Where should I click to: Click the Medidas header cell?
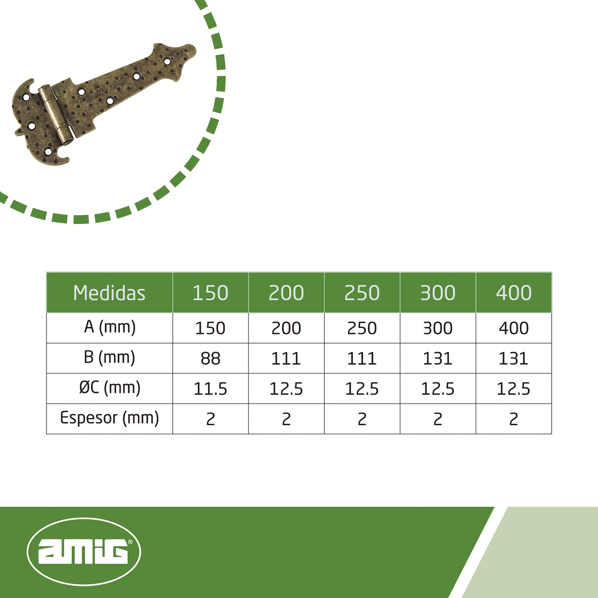[x=109, y=293]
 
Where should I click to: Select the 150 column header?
[x=210, y=293]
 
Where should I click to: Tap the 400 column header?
[x=514, y=293]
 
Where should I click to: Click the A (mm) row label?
[x=109, y=327]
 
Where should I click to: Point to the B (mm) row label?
[x=109, y=358]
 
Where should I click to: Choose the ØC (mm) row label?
[x=109, y=388]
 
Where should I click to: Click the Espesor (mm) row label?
[x=109, y=418]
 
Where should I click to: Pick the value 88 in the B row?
[x=210, y=359]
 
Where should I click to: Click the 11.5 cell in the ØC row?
[x=210, y=389]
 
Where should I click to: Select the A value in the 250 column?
[x=362, y=328]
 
